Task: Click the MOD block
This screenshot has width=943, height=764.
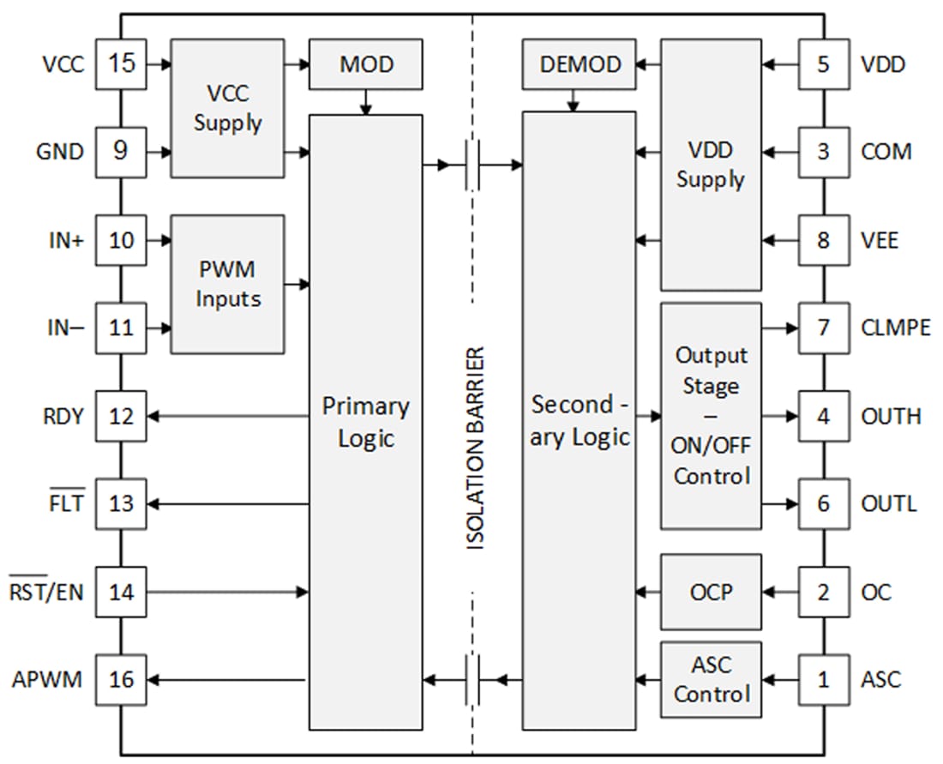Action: [x=365, y=64]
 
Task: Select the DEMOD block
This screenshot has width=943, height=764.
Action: [x=579, y=64]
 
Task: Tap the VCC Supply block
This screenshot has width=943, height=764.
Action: [x=227, y=108]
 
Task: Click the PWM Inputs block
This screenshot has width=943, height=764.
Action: [x=227, y=284]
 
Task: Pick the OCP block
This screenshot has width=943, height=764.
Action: [x=710, y=592]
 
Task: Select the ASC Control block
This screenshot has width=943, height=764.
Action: [x=710, y=679]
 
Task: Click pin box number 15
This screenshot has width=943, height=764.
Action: [x=122, y=63]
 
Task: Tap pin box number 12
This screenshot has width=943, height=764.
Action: [x=122, y=416]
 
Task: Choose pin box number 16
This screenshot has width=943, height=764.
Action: [x=122, y=679]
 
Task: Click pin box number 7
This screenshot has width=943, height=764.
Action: [x=823, y=328]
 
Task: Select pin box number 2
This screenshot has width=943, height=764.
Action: [x=823, y=592]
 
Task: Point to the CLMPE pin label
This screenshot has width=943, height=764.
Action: [x=895, y=328]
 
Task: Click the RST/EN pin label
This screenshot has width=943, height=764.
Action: [x=46, y=592]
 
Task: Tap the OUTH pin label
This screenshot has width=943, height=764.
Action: [x=891, y=416]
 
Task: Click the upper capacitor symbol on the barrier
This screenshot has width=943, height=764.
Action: [x=471, y=164]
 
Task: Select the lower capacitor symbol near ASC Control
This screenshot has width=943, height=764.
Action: [x=471, y=680]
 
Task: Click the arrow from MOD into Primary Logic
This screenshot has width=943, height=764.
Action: [x=365, y=102]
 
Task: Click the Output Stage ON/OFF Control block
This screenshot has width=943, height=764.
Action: [x=710, y=416]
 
